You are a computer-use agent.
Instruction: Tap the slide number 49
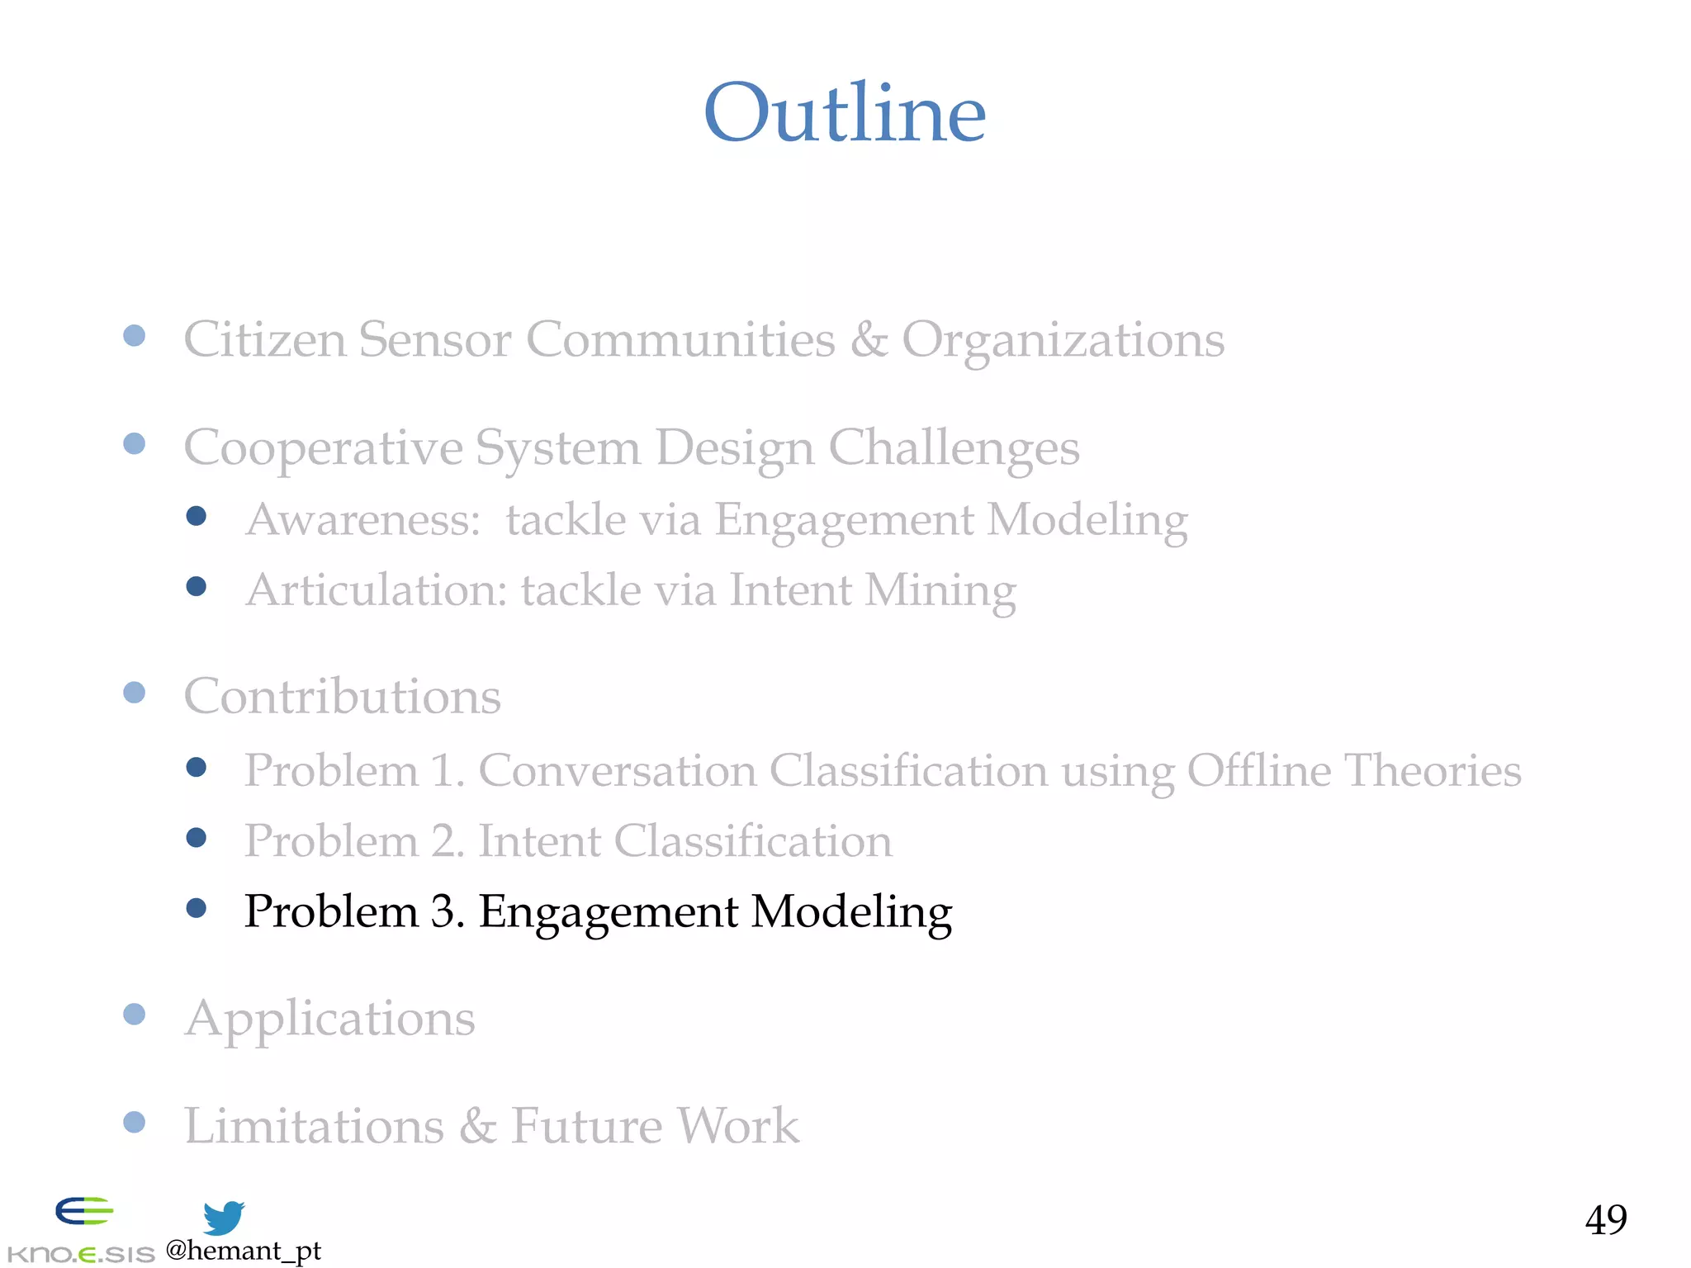tap(1605, 1219)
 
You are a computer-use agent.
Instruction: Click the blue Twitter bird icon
tap(224, 1218)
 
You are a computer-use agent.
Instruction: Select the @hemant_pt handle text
tap(243, 1251)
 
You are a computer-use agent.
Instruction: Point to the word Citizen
tap(264, 339)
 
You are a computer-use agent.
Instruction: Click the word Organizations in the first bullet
tap(1063, 339)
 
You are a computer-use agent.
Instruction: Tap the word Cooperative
tap(322, 448)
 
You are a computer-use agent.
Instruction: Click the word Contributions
tap(342, 696)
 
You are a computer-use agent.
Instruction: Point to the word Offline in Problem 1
tap(1258, 770)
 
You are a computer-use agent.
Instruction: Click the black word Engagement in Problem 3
tap(608, 912)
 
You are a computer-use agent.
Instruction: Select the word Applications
tap(329, 1019)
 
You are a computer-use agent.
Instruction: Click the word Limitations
tap(314, 1126)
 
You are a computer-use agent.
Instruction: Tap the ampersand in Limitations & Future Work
tap(477, 1126)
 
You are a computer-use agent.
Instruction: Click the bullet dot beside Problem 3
tap(197, 909)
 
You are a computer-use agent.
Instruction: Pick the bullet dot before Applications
tap(135, 1014)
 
